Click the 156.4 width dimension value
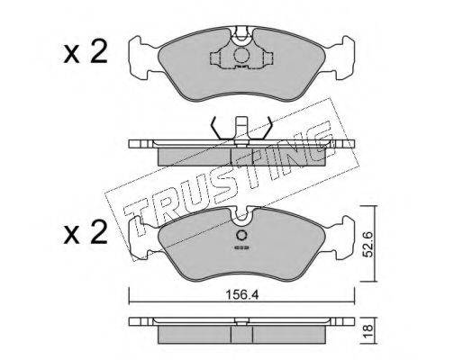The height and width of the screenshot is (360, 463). [242, 295]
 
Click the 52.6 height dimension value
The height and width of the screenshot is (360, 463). [368, 244]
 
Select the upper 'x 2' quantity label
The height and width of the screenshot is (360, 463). [86, 52]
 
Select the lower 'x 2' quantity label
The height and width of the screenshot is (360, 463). [86, 232]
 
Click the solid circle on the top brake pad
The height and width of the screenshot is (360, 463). [241, 56]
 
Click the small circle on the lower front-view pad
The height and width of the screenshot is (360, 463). [241, 235]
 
